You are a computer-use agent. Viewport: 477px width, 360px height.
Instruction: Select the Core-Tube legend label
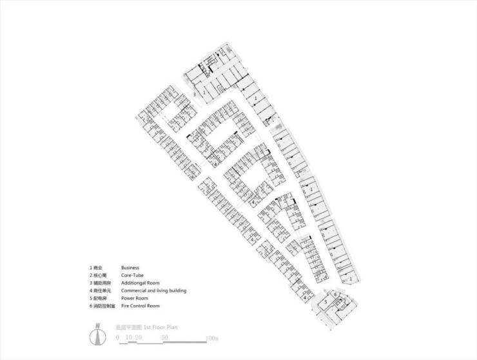(x=132, y=275)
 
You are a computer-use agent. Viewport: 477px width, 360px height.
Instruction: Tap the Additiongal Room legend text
(x=140, y=283)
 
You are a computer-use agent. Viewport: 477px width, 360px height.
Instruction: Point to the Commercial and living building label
(x=153, y=291)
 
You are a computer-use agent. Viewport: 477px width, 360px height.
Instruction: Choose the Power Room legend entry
(x=135, y=299)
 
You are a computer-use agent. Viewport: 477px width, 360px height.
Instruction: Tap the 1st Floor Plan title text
(x=161, y=327)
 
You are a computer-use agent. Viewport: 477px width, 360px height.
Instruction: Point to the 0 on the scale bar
(x=117, y=337)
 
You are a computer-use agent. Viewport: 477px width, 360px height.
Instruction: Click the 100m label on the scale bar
(x=213, y=337)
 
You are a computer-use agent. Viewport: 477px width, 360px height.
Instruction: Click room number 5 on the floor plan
(x=326, y=301)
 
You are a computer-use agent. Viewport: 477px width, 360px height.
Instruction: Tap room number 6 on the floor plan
(x=336, y=294)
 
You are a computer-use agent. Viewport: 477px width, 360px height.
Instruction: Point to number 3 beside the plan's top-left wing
(x=194, y=95)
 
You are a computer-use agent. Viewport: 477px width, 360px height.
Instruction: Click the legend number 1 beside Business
(x=91, y=267)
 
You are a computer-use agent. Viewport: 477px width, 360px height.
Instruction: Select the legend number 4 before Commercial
(x=91, y=291)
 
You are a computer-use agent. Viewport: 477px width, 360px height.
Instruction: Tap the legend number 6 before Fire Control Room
(x=91, y=306)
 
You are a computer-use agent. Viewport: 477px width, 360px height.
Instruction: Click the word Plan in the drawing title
(x=171, y=327)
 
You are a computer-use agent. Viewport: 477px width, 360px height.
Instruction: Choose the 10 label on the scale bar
(x=128, y=337)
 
